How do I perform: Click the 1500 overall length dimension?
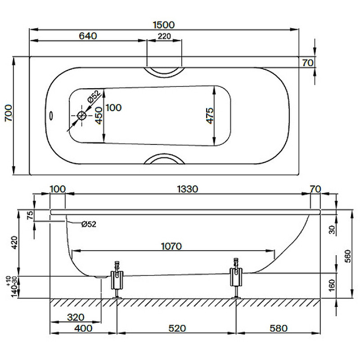pos(164,25)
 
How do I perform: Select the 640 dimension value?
pos(88,36)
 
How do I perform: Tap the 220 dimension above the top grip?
pos(164,36)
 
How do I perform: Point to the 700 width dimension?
pos(9,113)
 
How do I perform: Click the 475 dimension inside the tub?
pos(210,116)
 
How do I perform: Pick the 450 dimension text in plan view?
pos(99,116)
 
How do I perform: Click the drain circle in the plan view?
pos(81,116)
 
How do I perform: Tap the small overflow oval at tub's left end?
pos(51,116)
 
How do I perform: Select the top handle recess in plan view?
pos(164,73)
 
